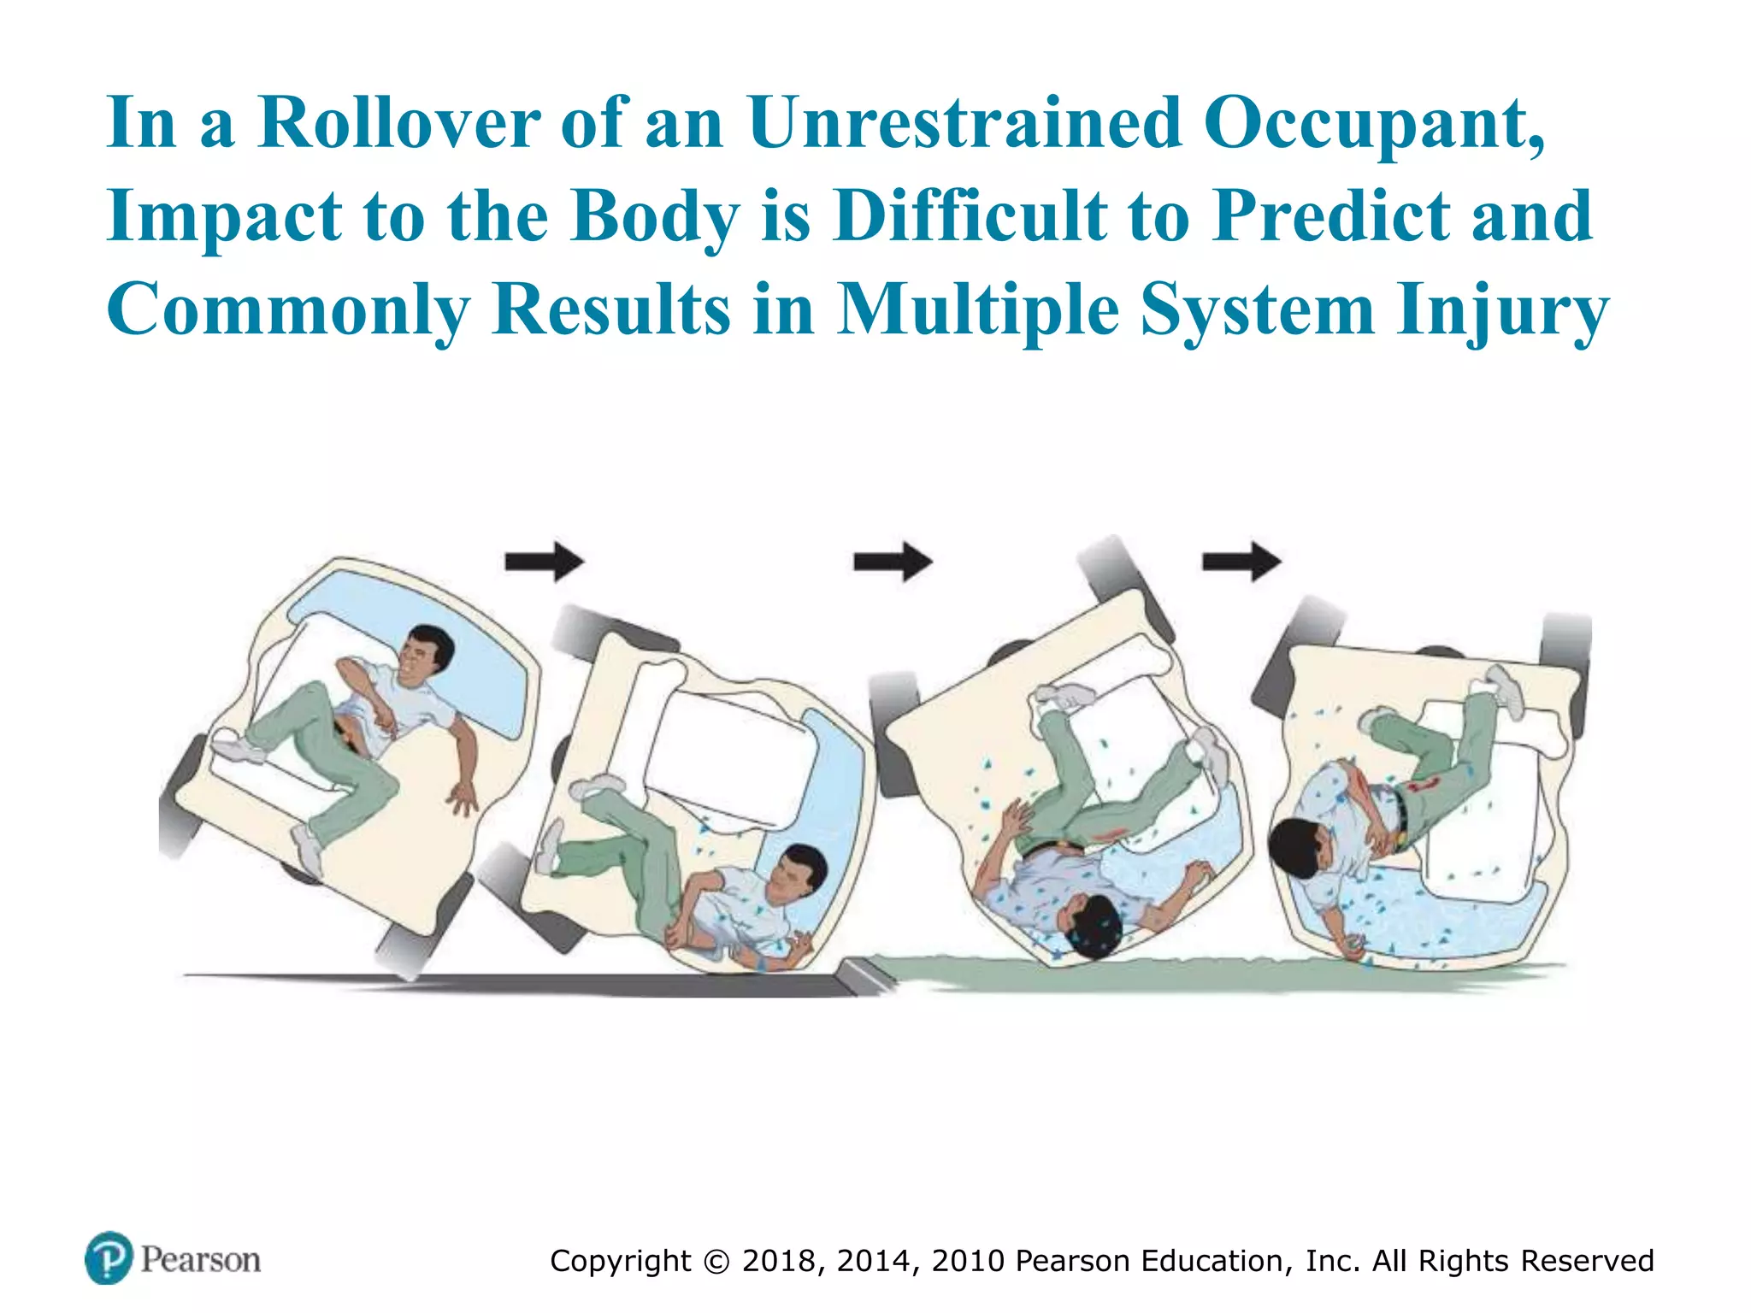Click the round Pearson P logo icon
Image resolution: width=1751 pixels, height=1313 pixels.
109,1257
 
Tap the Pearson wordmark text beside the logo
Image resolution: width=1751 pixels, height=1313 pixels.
201,1260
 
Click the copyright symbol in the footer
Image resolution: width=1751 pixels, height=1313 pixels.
716,1262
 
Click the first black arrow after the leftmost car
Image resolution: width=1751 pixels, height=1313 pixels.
545,562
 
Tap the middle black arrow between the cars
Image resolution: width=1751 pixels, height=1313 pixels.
893,562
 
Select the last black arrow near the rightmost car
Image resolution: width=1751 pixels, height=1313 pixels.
1241,562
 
